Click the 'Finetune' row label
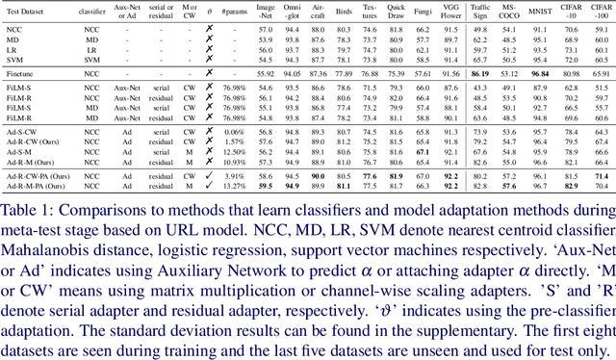click(x=22, y=73)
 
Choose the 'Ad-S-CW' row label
click(x=22, y=133)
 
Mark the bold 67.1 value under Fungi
click(x=422, y=151)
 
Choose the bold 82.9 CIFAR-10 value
click(x=571, y=188)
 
